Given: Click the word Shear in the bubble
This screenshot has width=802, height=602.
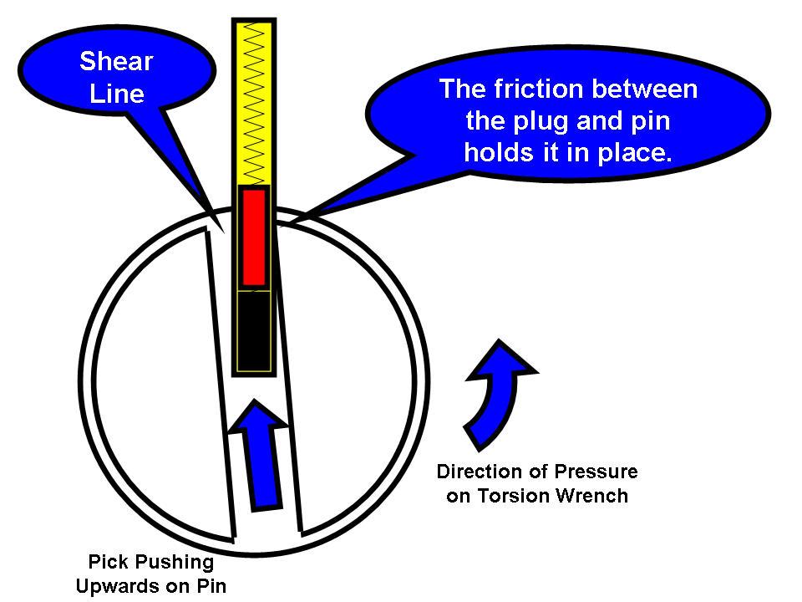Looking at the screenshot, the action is coord(116,61).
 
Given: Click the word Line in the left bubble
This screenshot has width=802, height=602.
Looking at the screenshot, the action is coord(117,94).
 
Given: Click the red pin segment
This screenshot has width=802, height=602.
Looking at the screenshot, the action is coord(254,237).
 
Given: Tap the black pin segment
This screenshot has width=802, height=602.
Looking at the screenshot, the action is coord(254,331).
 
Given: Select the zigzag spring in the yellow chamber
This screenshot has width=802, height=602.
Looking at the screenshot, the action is coord(254,101).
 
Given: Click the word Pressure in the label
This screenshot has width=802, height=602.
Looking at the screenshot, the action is coord(596,472).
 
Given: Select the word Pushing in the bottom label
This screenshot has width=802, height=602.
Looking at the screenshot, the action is coord(175,563).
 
